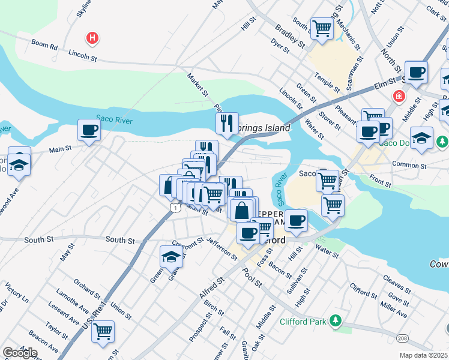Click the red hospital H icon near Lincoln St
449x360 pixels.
coord(92,38)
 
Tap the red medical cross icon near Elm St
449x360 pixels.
coord(398,96)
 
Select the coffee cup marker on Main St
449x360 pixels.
coord(89,130)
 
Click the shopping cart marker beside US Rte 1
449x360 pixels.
coord(103,331)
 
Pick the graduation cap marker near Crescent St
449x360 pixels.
coord(171,257)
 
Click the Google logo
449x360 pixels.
coord(20,352)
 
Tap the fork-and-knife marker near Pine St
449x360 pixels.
coord(227,124)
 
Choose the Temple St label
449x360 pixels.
coord(328,82)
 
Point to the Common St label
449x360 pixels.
coord(409,164)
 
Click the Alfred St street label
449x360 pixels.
coord(211,288)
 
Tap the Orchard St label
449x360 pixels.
coord(87,288)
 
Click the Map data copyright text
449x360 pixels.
coord(424,355)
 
